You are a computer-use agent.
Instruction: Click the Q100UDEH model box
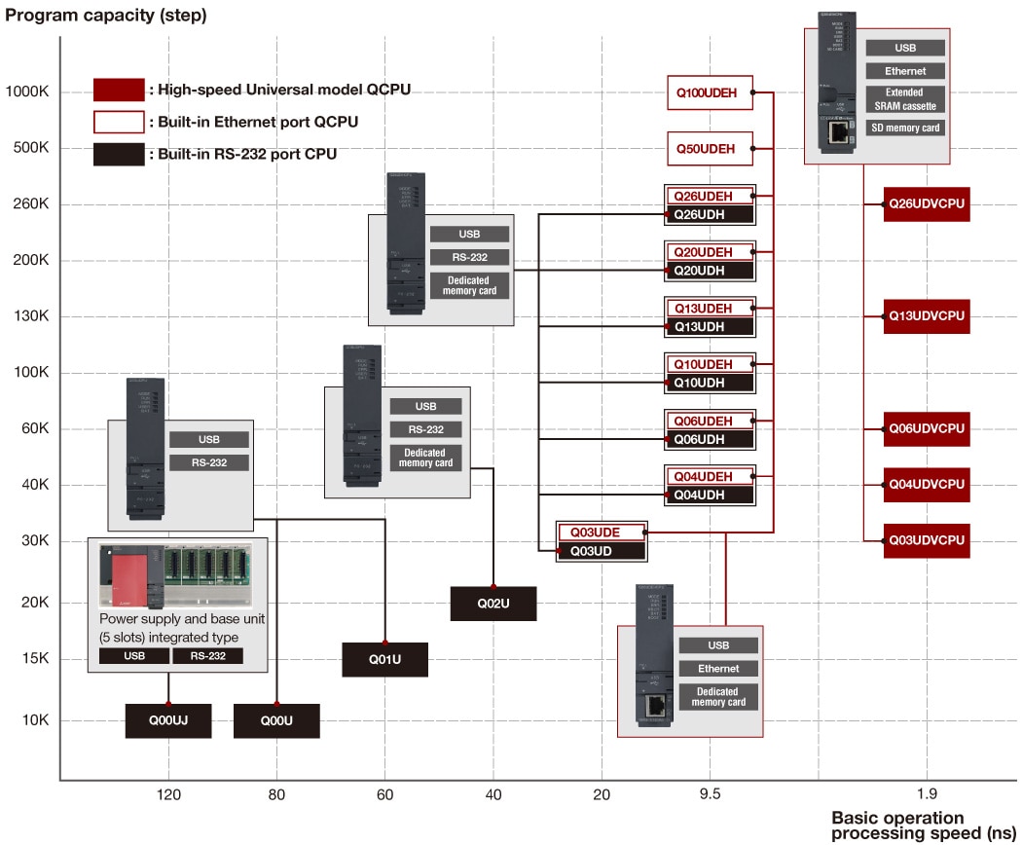710,92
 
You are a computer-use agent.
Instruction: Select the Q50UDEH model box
710,149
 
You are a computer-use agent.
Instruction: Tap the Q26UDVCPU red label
927,204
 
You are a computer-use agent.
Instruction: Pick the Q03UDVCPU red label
927,540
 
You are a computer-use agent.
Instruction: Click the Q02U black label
493,604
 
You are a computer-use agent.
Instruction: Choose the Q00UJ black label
168,720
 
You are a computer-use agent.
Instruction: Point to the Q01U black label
384,660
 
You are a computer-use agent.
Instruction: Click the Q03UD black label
601,551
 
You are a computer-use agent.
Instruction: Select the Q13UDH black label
710,327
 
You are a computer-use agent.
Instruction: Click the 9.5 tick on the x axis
710,794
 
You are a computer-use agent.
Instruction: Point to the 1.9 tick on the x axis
927,794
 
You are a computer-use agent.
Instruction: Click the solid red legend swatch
119,90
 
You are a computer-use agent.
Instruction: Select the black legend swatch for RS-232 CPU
119,154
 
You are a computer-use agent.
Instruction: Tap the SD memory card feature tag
905,128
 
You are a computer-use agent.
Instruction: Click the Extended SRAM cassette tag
905,99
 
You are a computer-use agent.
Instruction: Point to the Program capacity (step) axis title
106,16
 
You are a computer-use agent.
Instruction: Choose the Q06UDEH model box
710,421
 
